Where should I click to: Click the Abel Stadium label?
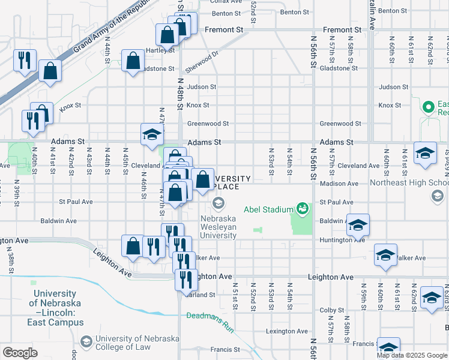pos(268,226)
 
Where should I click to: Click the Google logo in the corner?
pos(20,352)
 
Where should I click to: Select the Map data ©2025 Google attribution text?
pos(411,355)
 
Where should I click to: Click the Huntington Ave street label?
pos(342,240)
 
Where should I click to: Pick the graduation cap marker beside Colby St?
pos(432,298)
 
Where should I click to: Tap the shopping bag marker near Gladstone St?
pos(133,61)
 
